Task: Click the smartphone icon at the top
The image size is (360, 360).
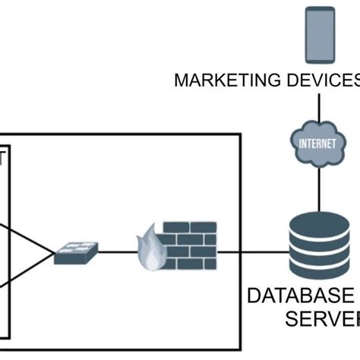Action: pos(320,34)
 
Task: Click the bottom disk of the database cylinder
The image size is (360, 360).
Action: pos(320,270)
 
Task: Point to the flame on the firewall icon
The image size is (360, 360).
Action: pos(150,251)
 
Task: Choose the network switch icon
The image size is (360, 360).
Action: pos(76,252)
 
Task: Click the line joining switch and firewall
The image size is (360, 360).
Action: pos(118,251)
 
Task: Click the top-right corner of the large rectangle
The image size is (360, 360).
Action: pos(240,135)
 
